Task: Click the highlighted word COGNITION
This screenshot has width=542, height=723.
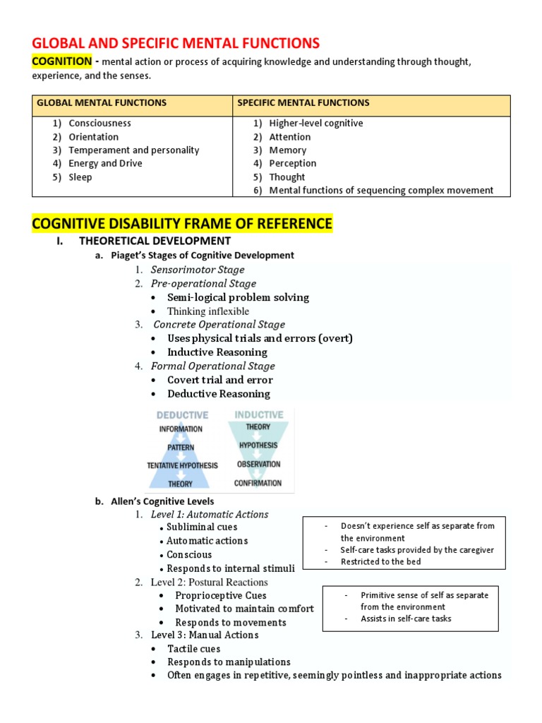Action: (x=62, y=61)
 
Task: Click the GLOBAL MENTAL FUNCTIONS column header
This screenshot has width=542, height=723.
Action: (x=102, y=103)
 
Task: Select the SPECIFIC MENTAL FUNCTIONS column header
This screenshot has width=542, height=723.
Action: (x=303, y=103)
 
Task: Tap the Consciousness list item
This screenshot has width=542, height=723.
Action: (x=100, y=124)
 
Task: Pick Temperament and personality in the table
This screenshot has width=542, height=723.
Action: (x=133, y=150)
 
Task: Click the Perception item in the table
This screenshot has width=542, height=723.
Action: (x=292, y=164)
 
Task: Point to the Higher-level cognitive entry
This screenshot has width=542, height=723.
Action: (x=315, y=124)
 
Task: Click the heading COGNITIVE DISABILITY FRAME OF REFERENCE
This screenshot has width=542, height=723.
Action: (x=181, y=225)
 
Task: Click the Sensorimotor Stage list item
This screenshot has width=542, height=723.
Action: (x=198, y=270)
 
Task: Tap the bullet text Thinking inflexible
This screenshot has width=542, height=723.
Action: (x=208, y=311)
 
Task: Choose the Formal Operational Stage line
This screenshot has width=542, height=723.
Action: (x=212, y=366)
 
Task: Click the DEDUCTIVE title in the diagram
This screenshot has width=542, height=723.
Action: (x=182, y=415)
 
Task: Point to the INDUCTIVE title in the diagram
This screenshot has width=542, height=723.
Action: (x=258, y=415)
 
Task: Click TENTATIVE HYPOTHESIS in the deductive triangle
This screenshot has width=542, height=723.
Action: (x=182, y=466)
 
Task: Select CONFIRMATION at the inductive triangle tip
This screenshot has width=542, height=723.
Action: (x=258, y=483)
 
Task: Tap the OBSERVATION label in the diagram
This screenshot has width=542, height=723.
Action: (x=258, y=465)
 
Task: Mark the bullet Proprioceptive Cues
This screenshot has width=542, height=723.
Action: (x=222, y=596)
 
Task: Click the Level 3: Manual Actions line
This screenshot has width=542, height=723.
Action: (x=205, y=635)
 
